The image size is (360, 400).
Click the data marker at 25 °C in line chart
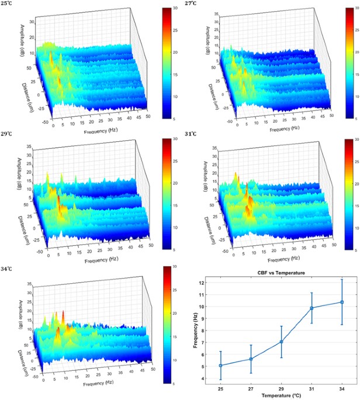point(220,366)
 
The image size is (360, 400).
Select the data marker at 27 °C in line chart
point(251,359)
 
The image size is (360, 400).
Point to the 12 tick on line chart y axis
point(202,283)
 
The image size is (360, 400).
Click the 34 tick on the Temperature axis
point(342,388)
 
